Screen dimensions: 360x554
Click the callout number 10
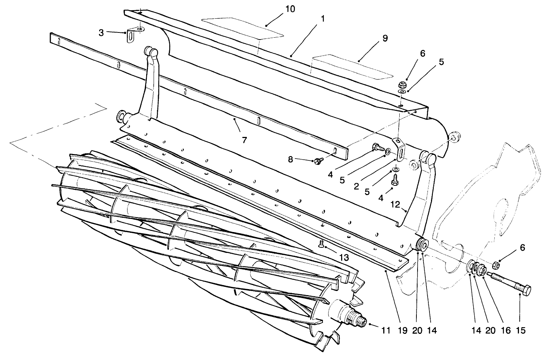click(290, 9)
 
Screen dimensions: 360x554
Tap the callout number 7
click(244, 140)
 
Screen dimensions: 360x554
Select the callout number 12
click(395, 204)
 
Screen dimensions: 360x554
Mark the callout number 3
click(101, 32)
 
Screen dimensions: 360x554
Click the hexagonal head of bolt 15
click(524, 290)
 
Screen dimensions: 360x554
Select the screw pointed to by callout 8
click(318, 160)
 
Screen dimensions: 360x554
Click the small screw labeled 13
click(321, 244)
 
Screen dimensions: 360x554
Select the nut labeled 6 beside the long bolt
click(495, 265)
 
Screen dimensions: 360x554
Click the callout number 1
click(323, 18)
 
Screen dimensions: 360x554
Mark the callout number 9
click(385, 38)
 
